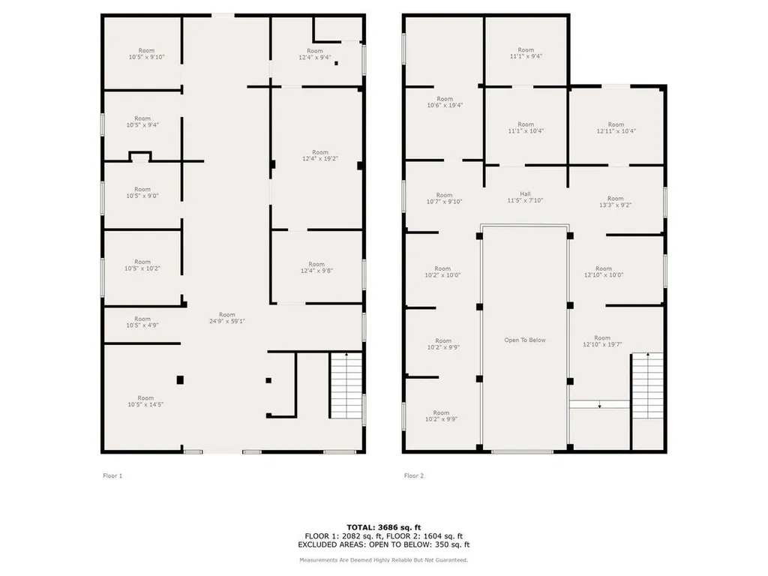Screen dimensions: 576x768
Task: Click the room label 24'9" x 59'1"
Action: (x=226, y=318)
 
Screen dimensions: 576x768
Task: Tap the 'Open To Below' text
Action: (x=525, y=340)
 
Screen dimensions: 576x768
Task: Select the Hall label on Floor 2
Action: (x=525, y=196)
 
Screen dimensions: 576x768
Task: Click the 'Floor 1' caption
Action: (x=112, y=475)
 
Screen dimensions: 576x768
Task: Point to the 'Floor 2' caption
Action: (x=414, y=475)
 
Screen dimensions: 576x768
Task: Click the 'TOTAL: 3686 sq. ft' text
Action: (x=383, y=527)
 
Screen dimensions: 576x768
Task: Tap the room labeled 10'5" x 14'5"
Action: (x=145, y=401)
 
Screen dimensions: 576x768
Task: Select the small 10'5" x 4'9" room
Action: (x=142, y=322)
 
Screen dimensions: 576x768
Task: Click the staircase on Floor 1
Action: (x=346, y=385)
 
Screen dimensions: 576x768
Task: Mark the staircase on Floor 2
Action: (x=646, y=385)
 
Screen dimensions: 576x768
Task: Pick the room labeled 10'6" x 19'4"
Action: (x=445, y=102)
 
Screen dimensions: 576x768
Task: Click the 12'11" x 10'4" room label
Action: (x=616, y=128)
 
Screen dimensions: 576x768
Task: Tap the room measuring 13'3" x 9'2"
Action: (x=615, y=202)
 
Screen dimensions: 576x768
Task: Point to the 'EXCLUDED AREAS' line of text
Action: (x=383, y=545)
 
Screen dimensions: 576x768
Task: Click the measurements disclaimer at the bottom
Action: (x=383, y=560)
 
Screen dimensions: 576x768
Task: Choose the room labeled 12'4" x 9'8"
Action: (x=316, y=268)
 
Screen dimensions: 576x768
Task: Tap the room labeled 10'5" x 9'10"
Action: (x=145, y=54)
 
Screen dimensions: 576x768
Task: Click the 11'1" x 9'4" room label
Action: (x=526, y=53)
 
